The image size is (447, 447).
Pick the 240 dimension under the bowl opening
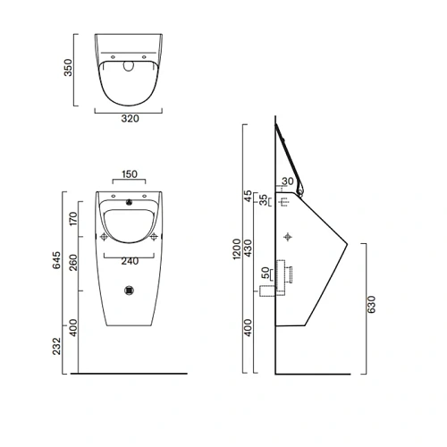(130, 262)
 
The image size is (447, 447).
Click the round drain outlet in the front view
(131, 290)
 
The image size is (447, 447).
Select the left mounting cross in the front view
(105, 236)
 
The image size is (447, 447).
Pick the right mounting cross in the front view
(156, 236)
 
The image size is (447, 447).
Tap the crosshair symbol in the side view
(287, 236)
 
